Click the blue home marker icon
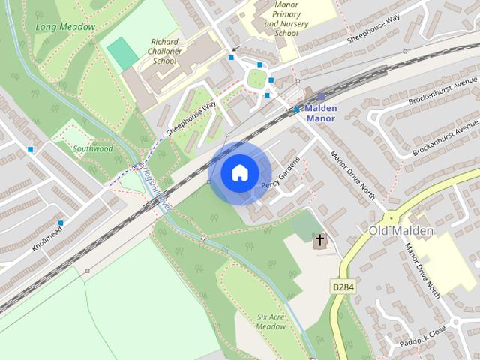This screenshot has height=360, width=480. (238, 173)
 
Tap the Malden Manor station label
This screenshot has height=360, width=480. (321, 113)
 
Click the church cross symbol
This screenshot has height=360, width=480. (320, 240)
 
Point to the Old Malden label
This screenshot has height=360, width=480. (401, 230)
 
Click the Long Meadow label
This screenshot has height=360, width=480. (65, 27)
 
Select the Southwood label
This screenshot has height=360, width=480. (94, 148)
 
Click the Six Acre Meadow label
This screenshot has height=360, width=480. (271, 322)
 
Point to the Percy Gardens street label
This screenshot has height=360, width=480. (280, 174)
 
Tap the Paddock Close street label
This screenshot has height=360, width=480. (423, 334)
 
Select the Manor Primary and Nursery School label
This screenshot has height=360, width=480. (281, 18)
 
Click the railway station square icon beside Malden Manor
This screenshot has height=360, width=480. (321, 97)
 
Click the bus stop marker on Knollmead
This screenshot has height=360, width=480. (61, 223)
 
